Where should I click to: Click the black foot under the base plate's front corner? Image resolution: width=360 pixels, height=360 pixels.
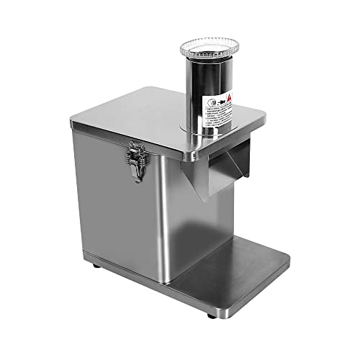tap(210, 315)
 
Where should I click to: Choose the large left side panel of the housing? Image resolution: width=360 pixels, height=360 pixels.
tap(115, 202)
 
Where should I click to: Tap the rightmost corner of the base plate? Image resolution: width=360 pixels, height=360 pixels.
tap(289, 258)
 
